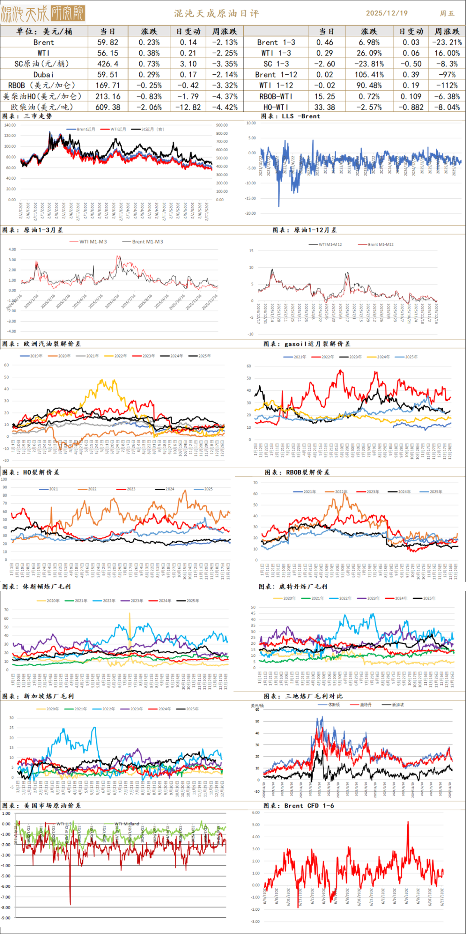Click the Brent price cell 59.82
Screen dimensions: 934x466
108,42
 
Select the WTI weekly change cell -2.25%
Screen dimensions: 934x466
225,53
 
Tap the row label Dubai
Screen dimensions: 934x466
44,75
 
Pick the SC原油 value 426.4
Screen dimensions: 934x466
108,64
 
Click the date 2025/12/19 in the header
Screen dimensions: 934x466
387,13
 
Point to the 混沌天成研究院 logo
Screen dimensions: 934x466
43,14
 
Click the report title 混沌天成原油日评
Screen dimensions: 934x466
217,13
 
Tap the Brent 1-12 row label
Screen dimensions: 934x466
276,75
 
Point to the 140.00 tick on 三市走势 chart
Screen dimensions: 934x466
10,125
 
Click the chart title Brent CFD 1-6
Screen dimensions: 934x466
309,806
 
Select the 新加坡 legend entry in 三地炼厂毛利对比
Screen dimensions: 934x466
397,705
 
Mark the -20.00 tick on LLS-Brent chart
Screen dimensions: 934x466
251,213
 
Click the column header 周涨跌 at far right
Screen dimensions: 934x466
447,32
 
